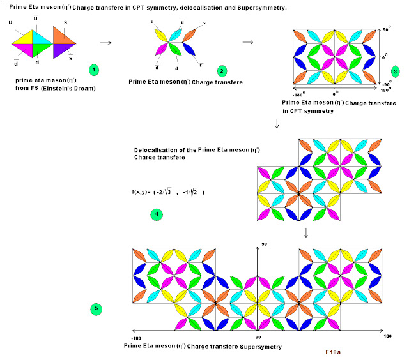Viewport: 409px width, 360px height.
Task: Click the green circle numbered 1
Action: (94, 68)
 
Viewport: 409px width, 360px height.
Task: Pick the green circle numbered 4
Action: (157, 215)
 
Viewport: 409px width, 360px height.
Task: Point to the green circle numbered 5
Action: (96, 309)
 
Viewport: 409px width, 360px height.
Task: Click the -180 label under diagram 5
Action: (135, 338)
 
